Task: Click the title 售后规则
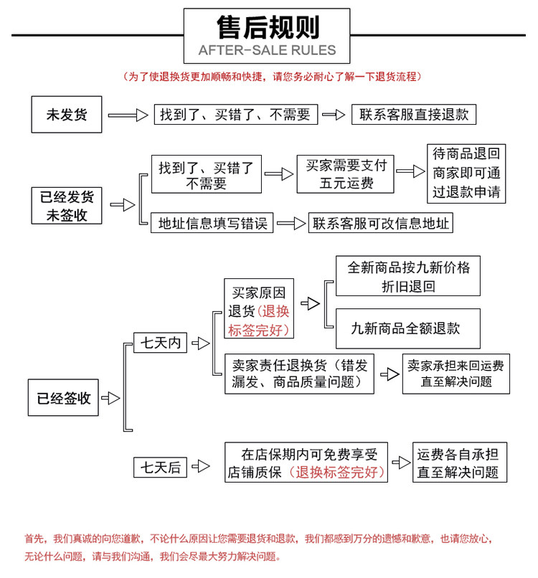point(267,28)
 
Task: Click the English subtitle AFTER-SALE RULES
point(267,50)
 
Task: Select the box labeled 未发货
point(67,115)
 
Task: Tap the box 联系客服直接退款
point(414,115)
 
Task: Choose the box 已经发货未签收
point(67,205)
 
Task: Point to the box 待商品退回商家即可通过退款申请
point(466,174)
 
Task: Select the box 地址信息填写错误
point(212,223)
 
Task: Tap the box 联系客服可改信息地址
point(381,223)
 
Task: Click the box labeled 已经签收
point(64,398)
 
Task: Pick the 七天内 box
point(160,343)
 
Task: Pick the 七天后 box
point(160,468)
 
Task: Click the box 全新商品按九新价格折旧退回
point(408,276)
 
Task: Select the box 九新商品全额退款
point(406,328)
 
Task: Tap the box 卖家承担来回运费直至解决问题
point(456,374)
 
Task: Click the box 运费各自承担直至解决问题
point(460,463)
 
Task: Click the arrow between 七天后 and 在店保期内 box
point(201,468)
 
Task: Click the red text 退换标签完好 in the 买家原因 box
point(259,321)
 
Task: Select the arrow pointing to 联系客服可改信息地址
point(291,224)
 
